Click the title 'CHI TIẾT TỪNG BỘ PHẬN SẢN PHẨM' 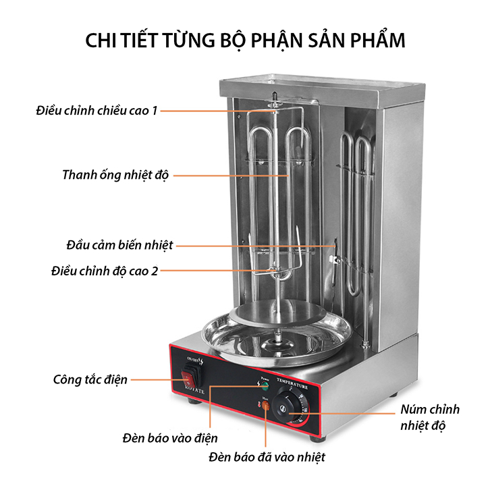click(x=245, y=40)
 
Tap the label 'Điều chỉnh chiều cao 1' click(x=97, y=110)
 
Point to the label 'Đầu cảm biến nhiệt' click(x=120, y=244)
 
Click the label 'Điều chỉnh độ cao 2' click(x=105, y=271)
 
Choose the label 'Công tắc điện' click(x=90, y=379)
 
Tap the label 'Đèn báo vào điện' click(x=170, y=438)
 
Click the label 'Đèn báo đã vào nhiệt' click(x=268, y=458)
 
